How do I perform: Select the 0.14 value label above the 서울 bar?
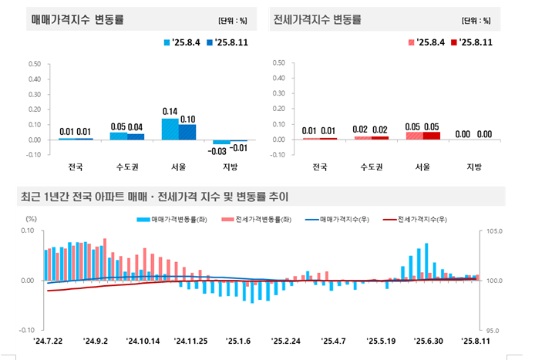coord(170,111)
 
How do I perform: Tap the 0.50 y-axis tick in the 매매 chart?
coord(34,63)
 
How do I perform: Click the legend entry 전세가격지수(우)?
coord(416,219)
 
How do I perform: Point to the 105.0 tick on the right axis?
coord(495,230)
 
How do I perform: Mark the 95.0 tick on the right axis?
coord(495,329)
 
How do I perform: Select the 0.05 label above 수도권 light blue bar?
coord(118,126)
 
